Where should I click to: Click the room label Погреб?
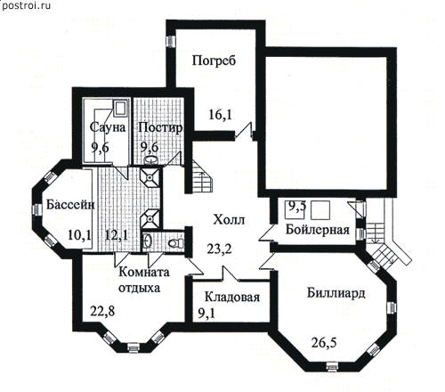click(x=214, y=61)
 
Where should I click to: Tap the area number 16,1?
click(x=221, y=115)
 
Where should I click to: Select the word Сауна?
click(x=108, y=127)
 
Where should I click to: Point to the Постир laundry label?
click(x=160, y=128)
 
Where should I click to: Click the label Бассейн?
click(x=70, y=205)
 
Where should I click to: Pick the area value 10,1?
click(x=79, y=235)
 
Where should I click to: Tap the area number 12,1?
click(x=117, y=235)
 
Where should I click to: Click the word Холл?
click(x=229, y=220)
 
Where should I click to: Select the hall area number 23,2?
click(x=219, y=249)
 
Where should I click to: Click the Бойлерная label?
click(x=318, y=230)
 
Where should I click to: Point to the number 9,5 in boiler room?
click(x=297, y=206)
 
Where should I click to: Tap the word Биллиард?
click(x=336, y=293)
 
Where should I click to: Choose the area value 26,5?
click(x=324, y=343)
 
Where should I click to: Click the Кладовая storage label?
click(x=232, y=298)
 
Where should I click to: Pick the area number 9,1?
click(x=206, y=314)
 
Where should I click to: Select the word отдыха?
click(x=140, y=288)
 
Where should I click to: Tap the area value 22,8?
click(x=102, y=312)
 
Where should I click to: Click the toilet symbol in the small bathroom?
click(x=176, y=243)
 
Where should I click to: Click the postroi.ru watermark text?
click(x=26, y=5)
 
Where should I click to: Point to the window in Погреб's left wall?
click(x=171, y=41)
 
